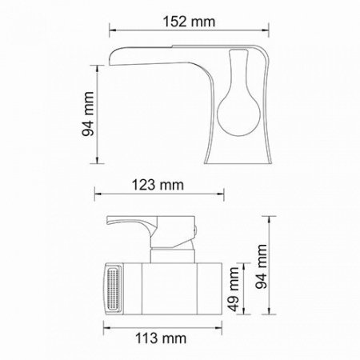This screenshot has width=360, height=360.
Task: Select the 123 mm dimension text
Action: coord(157,185)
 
